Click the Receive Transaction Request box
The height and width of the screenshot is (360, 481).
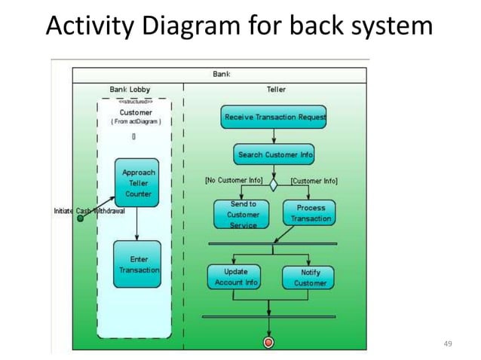pos(274,117)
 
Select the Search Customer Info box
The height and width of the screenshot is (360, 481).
pos(274,154)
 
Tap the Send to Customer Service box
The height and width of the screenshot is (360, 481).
pos(242,215)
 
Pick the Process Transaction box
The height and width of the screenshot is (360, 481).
pos(311,213)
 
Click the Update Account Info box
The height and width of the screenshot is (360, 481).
pos(235,277)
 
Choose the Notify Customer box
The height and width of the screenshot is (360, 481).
pos(310,277)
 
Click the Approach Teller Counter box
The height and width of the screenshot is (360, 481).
pos(137,183)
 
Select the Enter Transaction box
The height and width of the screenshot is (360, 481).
pos(138,264)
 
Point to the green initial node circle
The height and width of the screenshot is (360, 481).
pos(81,218)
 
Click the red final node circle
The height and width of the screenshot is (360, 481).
pos(268,343)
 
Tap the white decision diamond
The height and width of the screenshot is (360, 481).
pos(274,182)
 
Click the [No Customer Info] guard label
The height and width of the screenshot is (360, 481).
pos(234,181)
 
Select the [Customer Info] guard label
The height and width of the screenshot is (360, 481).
pos(314,181)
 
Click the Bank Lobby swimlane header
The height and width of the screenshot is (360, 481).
pos(130,89)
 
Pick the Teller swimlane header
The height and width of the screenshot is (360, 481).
pos(276,89)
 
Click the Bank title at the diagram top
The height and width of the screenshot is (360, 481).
pos(221,74)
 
